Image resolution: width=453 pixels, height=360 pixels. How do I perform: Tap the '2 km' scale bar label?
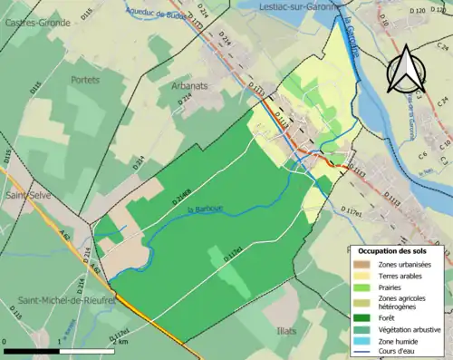122,341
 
